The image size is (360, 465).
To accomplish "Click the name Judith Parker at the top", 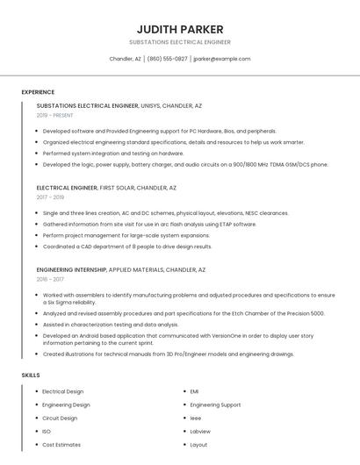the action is click(180, 29).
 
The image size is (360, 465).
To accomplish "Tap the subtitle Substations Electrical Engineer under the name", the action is click(180, 42).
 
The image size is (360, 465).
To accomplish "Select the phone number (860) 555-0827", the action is click(167, 59).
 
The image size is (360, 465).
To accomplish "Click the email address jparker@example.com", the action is click(222, 59).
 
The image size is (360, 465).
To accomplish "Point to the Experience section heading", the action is click(38, 92).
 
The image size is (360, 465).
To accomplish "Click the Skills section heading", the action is click(31, 376).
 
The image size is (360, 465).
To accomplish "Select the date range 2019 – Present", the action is click(55, 116).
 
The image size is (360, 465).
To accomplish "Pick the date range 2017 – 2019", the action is click(50, 197).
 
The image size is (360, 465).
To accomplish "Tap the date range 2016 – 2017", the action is click(50, 279).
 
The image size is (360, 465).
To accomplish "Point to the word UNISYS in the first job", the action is click(152, 106).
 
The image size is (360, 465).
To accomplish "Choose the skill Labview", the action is click(200, 432).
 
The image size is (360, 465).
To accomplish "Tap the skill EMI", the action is click(195, 391).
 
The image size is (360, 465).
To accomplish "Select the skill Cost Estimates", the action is click(61, 445).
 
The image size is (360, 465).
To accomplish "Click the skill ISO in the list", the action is click(47, 432).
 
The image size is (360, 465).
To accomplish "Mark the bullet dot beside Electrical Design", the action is click(37, 391).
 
